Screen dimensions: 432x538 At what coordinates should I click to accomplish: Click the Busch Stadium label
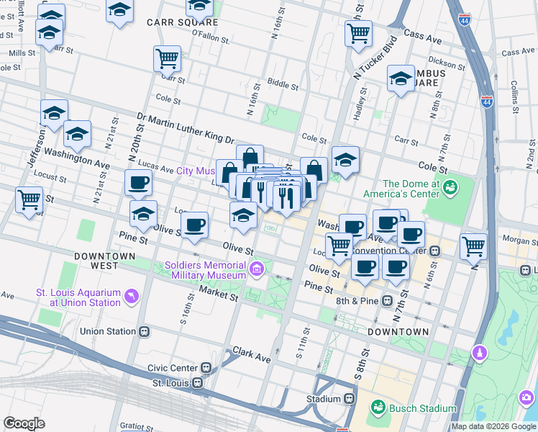(423, 408)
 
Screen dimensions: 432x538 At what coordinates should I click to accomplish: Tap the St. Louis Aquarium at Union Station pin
(130, 296)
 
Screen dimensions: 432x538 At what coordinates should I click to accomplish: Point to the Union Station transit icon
(145, 332)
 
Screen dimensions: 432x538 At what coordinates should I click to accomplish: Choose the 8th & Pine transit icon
(388, 300)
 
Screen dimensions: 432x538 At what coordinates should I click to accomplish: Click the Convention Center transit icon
(435, 251)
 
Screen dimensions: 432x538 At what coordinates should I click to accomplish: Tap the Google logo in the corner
(24, 423)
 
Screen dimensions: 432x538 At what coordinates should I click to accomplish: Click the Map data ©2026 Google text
(493, 426)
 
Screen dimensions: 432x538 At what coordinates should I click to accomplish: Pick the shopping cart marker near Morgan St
(473, 246)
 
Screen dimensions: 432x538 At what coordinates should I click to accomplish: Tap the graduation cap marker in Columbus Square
(401, 79)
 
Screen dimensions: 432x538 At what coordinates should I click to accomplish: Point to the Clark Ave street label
(251, 354)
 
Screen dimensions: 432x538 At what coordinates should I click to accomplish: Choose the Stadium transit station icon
(350, 399)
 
